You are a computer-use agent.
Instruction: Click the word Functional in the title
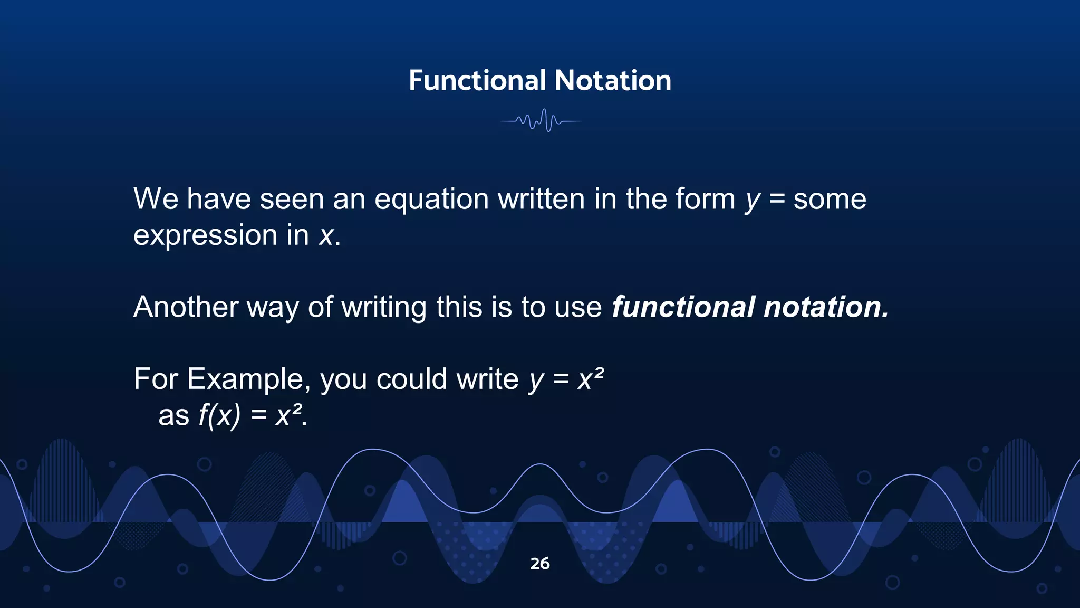click(477, 81)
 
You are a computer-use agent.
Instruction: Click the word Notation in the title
click(613, 81)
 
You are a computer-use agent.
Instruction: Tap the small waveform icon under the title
click(541, 121)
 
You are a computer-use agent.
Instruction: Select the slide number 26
click(540, 563)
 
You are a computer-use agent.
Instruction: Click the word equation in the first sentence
click(431, 199)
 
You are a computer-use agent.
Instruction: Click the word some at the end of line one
click(830, 199)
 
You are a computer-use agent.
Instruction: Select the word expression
click(205, 235)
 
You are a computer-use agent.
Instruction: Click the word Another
click(186, 307)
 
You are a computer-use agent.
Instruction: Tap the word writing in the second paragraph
click(384, 307)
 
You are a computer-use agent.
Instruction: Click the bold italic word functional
click(683, 307)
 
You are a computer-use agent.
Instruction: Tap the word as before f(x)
click(173, 416)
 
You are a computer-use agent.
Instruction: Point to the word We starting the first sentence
click(156, 199)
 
